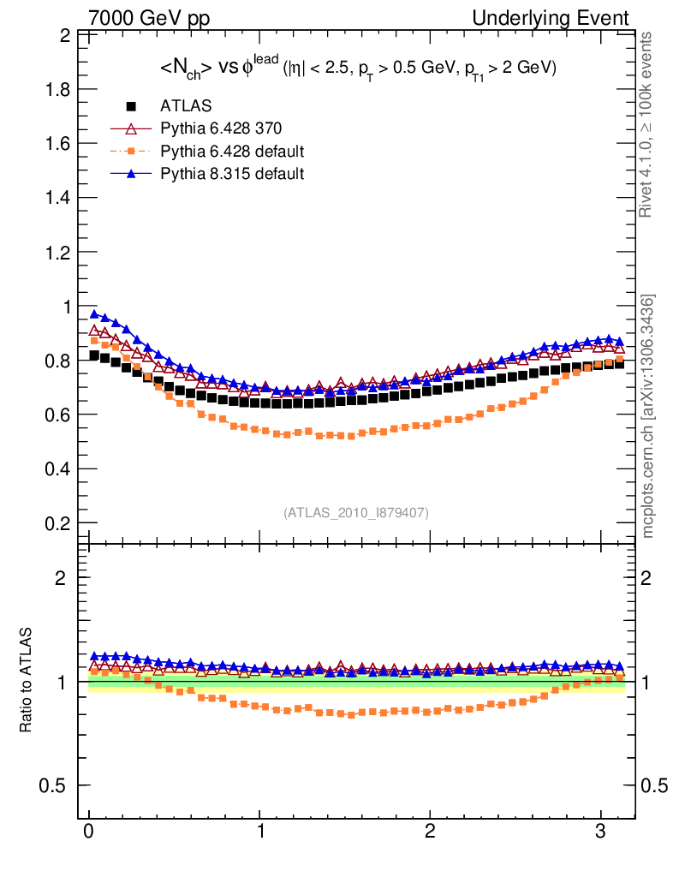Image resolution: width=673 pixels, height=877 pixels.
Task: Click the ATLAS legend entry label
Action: click(186, 106)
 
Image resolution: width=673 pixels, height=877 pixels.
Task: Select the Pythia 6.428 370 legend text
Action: click(221, 129)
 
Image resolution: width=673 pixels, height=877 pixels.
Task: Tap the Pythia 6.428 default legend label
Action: click(232, 152)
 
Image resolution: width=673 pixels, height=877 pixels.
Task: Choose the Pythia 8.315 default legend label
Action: click(232, 175)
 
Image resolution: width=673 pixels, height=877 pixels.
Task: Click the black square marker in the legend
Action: click(132, 106)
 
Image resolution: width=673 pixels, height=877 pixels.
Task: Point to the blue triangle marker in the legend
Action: click(132, 174)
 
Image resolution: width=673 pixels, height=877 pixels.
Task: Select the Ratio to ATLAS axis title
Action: click(26, 682)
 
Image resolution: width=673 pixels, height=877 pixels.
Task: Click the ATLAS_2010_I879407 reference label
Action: click(356, 512)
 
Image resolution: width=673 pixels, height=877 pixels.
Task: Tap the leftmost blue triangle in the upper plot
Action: click(95, 314)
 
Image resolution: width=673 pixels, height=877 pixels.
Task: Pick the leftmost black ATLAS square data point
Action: click(95, 355)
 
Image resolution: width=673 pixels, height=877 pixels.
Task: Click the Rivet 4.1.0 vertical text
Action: click(648, 124)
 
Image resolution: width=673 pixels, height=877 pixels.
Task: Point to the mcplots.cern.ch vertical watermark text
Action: click(648, 415)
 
